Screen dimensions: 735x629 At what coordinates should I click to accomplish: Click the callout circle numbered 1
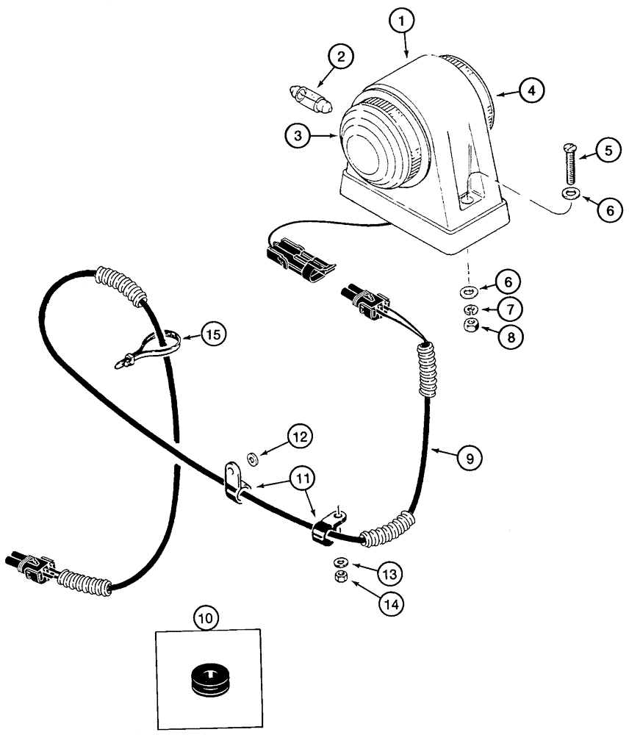(401, 22)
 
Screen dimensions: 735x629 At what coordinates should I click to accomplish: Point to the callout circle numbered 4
(531, 90)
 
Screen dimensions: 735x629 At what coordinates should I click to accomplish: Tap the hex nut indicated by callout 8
(470, 326)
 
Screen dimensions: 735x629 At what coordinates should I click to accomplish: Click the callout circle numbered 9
(470, 457)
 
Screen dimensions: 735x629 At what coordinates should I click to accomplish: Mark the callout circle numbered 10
(207, 619)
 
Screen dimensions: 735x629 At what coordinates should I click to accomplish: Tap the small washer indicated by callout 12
(254, 460)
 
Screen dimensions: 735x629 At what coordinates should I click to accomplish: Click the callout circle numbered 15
(212, 334)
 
